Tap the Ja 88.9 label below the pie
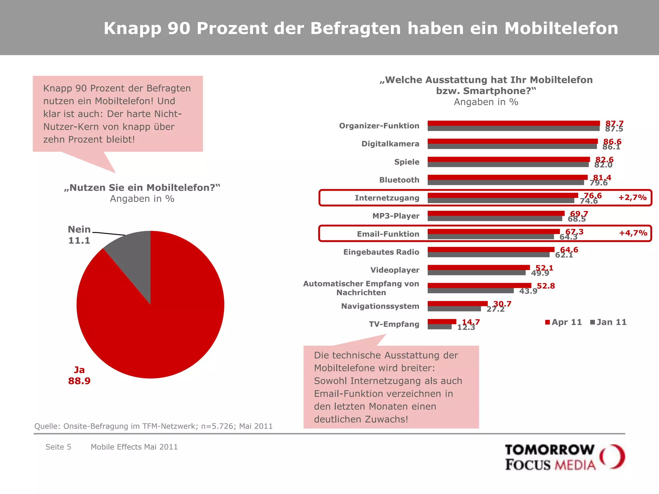[x=79, y=376]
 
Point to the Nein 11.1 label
[x=79, y=235]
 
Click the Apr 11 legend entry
[x=564, y=322]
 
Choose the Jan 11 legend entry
[x=608, y=322]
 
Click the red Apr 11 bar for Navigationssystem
[x=457, y=304]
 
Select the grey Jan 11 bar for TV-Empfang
[x=440, y=327]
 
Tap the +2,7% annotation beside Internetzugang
[x=632, y=197]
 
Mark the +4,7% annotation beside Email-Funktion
[x=633, y=233]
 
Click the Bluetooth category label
[x=399, y=180]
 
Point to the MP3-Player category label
[x=396, y=216]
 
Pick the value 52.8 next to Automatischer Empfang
[x=546, y=286]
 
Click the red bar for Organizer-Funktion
[x=514, y=123]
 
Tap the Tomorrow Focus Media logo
[x=564, y=457]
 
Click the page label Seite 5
[x=58, y=447]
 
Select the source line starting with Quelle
[x=153, y=426]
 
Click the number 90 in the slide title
[x=179, y=28]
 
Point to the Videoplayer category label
[x=394, y=270]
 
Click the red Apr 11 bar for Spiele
[x=508, y=159]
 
